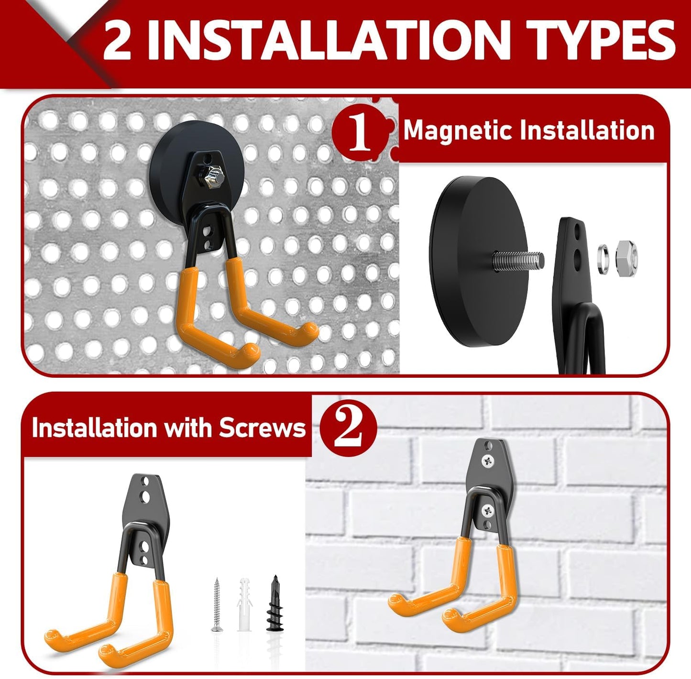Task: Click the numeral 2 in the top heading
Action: pos(117,41)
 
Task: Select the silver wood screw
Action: pos(217,605)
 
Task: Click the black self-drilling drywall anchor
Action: pos(274,602)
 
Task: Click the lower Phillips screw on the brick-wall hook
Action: pos(487,511)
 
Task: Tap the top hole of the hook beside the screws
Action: pos(146,480)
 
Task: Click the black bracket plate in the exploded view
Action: pos(572,268)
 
